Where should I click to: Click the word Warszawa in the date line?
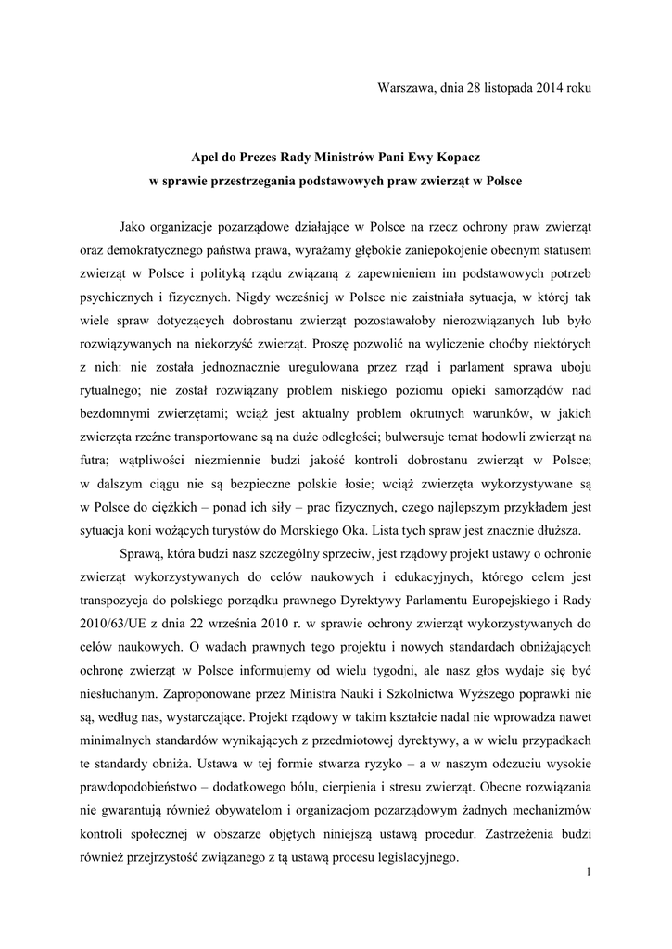coord(406,87)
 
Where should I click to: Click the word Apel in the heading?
coord(205,159)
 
